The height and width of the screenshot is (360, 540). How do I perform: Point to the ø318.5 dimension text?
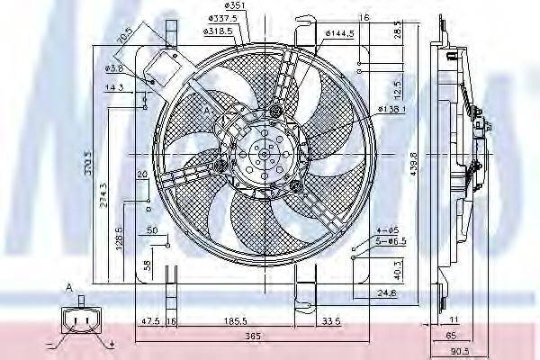point(218,40)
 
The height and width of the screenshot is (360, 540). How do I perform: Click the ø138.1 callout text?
point(391,109)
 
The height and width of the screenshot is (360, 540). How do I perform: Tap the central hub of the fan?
point(261,155)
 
